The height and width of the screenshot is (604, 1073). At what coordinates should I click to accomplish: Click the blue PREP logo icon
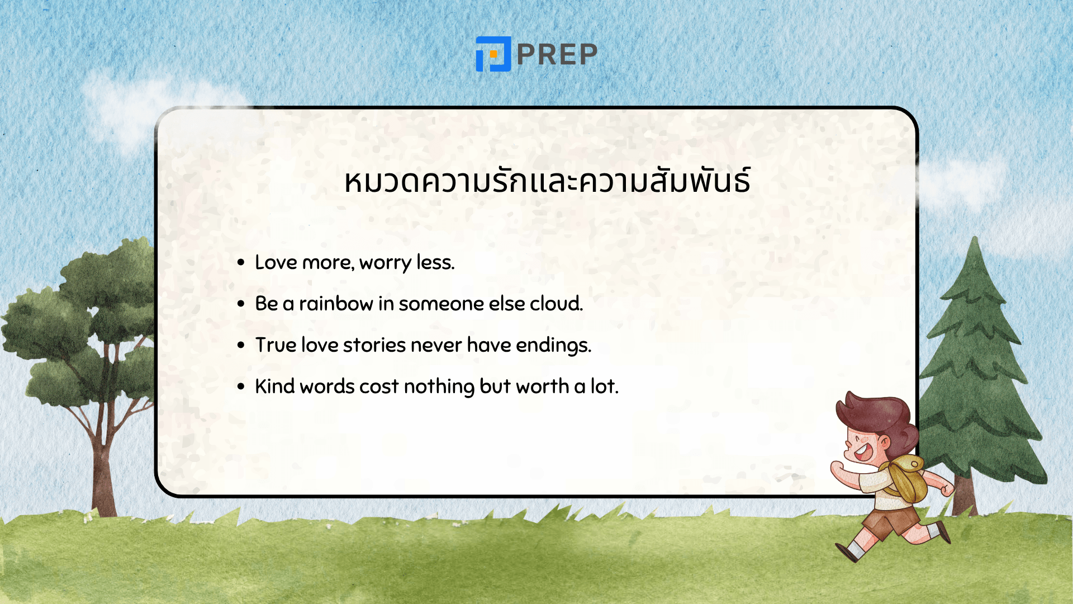click(x=493, y=54)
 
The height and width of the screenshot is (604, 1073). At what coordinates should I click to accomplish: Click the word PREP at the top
click(x=557, y=55)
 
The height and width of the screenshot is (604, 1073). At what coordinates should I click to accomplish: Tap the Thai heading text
click(x=547, y=181)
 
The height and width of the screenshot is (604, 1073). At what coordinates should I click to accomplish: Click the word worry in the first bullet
click(x=385, y=262)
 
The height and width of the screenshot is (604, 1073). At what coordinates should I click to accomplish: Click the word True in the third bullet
click(x=276, y=345)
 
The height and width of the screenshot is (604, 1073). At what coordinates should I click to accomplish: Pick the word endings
click(x=553, y=346)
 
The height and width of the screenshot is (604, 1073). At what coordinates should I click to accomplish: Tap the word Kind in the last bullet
click(x=274, y=386)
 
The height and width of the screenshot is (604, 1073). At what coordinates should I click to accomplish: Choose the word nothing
click(x=439, y=387)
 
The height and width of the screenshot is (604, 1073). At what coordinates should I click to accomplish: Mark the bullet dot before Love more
click(x=241, y=262)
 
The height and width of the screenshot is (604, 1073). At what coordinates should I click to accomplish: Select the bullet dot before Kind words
click(x=241, y=386)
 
